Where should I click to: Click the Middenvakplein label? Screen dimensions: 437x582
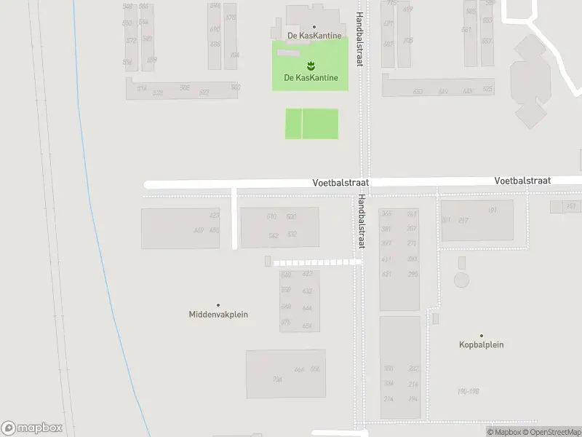(x=218, y=315)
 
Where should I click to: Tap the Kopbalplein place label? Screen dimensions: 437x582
(x=481, y=345)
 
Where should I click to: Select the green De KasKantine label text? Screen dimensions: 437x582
(x=310, y=77)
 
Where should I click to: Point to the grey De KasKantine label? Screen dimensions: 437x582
(x=314, y=35)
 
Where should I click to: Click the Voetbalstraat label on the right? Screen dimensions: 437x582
(x=522, y=180)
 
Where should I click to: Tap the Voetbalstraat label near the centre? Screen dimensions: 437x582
(x=340, y=185)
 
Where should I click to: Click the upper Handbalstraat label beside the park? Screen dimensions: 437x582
(x=359, y=40)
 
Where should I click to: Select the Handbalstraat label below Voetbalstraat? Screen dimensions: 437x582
(x=359, y=223)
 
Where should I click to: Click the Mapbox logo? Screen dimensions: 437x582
(x=32, y=428)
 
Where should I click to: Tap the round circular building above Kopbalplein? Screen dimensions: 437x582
(x=461, y=279)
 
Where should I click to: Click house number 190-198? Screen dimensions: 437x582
(x=469, y=391)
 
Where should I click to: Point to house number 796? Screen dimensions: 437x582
(x=276, y=379)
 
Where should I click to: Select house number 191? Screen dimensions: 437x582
(x=493, y=210)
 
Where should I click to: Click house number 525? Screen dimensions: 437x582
(x=487, y=90)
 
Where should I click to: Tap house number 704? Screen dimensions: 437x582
(x=234, y=55)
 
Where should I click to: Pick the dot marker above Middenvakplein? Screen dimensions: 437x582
(x=218, y=305)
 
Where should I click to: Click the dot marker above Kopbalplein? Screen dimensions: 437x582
(x=481, y=336)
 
